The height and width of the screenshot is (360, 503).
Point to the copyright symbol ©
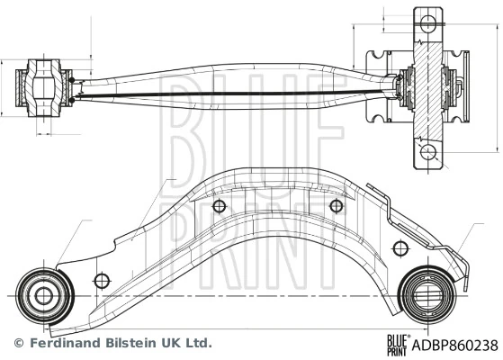pos(17,343)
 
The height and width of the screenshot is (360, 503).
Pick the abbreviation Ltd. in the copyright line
pos(198,343)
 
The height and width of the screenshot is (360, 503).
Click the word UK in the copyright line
pos(167,343)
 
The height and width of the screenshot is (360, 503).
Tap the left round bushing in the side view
pos(41,293)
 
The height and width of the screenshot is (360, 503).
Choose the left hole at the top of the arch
pos(219,206)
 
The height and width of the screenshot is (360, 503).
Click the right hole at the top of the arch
pos(337,206)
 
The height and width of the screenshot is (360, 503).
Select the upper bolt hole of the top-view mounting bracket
pos(427,21)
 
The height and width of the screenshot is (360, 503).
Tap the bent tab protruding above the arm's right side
pos(382,193)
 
